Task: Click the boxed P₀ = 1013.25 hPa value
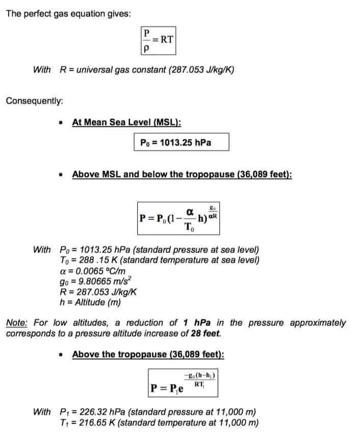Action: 182,142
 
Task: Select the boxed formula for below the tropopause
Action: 179,218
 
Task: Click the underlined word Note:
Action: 17,323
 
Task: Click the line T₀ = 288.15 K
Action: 89,260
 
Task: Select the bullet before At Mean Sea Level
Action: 62,123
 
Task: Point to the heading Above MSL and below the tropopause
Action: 182,174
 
